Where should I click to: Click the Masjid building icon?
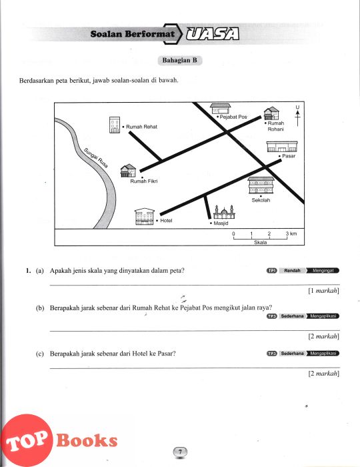[224, 212]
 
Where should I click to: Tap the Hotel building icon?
[145, 217]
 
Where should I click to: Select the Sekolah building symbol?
[261, 185]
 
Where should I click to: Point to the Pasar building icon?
[282, 147]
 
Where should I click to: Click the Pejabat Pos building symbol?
[220, 109]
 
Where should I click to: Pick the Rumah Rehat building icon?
[115, 125]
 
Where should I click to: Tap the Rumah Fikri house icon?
[128, 171]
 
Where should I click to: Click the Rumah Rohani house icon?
[271, 113]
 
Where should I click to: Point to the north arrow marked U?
[297, 115]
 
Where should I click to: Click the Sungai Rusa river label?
[96, 158]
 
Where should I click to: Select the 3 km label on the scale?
[291, 233]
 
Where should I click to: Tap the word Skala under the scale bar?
[260, 242]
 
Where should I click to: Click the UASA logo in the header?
[213, 34]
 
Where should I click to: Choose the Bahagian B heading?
[180, 60]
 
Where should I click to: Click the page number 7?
[180, 452]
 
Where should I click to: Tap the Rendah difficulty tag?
[292, 271]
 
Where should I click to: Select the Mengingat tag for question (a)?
[323, 271]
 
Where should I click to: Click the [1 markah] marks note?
[324, 291]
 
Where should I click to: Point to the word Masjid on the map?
[221, 223]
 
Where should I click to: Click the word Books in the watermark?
[87, 440]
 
